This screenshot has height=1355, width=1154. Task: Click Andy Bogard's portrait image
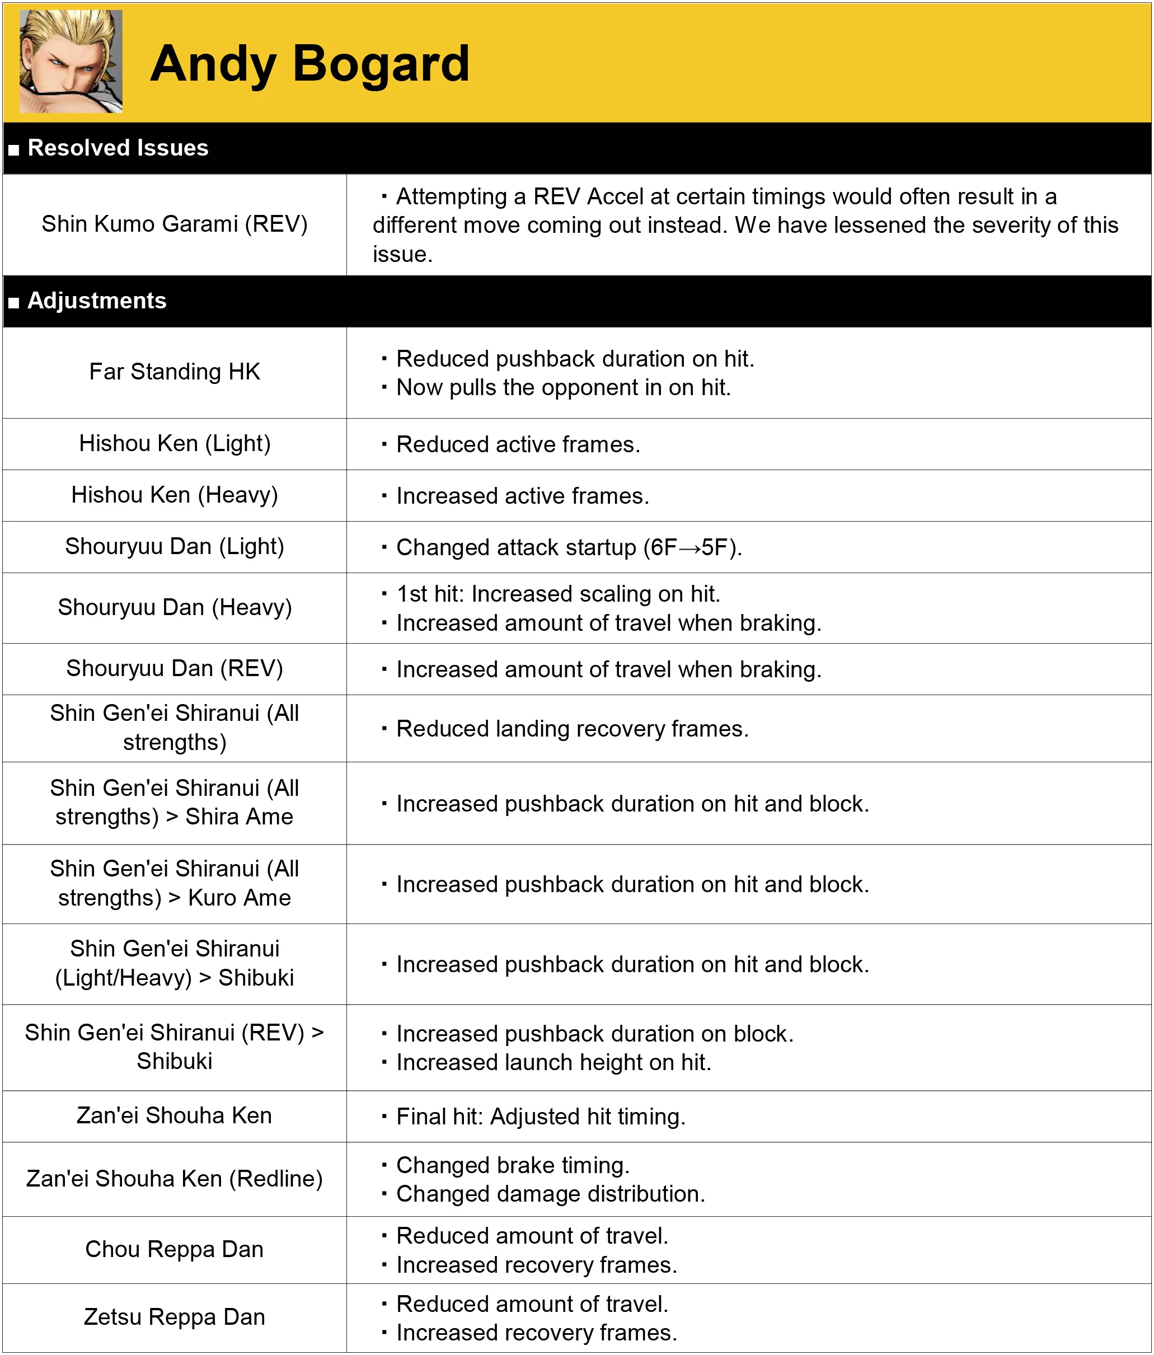pyautogui.click(x=71, y=62)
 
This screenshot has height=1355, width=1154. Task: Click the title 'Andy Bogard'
pyautogui.click(x=309, y=63)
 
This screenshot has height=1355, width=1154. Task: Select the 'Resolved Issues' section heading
pyautogui.click(x=118, y=148)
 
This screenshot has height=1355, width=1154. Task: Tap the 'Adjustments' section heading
pyautogui.click(x=97, y=301)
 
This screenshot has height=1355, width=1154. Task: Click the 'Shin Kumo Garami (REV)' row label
pyautogui.click(x=175, y=224)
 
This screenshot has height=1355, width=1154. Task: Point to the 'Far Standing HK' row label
pyautogui.click(x=175, y=372)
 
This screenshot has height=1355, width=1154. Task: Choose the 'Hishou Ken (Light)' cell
pyautogui.click(x=175, y=443)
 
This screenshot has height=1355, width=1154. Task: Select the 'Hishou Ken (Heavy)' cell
pyautogui.click(x=175, y=495)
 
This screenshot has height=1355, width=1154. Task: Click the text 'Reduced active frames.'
pyautogui.click(x=518, y=445)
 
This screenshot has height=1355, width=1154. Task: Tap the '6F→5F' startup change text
pyautogui.click(x=692, y=547)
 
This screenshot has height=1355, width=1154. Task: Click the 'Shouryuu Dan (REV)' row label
pyautogui.click(x=175, y=668)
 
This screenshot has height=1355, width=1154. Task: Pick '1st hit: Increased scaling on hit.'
pyautogui.click(x=558, y=594)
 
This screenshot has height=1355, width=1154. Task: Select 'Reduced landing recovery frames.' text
pyautogui.click(x=572, y=729)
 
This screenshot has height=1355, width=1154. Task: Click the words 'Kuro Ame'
pyautogui.click(x=240, y=898)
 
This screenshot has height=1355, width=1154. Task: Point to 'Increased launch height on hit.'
pyautogui.click(x=553, y=1063)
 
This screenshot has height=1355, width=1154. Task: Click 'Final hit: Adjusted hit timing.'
pyautogui.click(x=541, y=1117)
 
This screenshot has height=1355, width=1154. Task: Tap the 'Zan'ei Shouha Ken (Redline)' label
pyautogui.click(x=175, y=1179)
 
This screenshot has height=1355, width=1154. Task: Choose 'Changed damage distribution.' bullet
pyautogui.click(x=551, y=1194)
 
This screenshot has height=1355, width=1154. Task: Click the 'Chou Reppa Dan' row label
pyautogui.click(x=175, y=1249)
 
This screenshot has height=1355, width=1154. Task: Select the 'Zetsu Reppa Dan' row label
pyautogui.click(x=175, y=1316)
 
